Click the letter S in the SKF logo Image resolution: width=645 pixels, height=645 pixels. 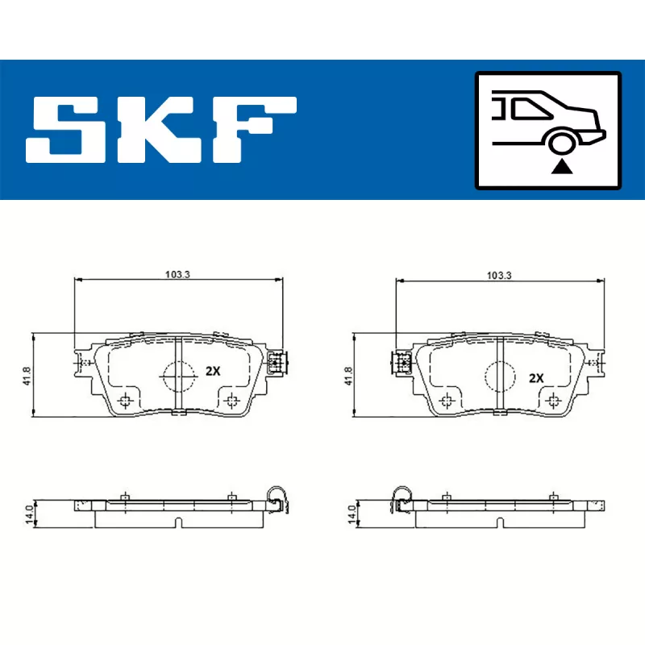click(x=66, y=130)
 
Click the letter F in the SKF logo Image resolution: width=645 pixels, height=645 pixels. click(x=254, y=130)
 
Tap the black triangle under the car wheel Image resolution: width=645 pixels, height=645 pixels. click(x=561, y=167)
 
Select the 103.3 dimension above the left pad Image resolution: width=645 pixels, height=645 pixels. click(x=177, y=274)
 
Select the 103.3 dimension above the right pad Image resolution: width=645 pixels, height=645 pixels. click(x=499, y=275)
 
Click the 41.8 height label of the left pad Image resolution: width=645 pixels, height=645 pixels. click(x=27, y=376)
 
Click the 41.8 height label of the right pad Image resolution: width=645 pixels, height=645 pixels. click(x=348, y=376)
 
